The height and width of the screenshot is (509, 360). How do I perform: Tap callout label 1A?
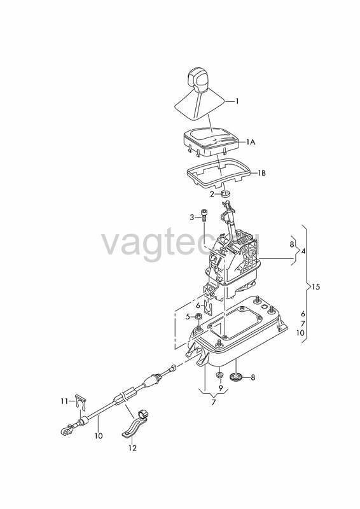coord(251,142)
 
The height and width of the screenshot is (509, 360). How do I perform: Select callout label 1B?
coord(261,173)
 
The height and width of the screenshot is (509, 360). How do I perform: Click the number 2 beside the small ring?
coord(212,194)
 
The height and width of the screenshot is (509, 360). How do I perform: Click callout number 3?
coord(192,217)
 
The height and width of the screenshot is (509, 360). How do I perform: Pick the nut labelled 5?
coord(197,316)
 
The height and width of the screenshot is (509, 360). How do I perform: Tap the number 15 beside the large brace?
coord(315,287)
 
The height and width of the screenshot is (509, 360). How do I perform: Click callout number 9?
coord(221,387)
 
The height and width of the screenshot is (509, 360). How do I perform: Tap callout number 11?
coord(64,401)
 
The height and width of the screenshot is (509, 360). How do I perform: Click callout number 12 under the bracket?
coord(132,448)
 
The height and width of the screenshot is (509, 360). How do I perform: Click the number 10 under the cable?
coord(99,436)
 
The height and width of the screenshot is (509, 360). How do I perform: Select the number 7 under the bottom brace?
coord(214,403)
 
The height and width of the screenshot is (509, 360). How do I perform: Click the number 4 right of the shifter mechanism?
coord(303,251)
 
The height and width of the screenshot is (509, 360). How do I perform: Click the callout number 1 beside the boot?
coord(237,101)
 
